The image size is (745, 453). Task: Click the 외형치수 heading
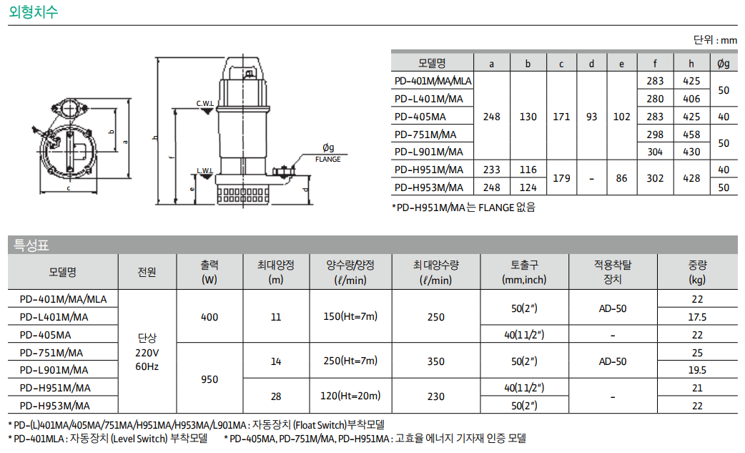click(x=34, y=11)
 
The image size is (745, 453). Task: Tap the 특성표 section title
click(x=31, y=245)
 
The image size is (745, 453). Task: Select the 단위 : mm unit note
click(x=715, y=40)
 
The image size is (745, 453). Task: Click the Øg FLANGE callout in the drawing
click(x=328, y=153)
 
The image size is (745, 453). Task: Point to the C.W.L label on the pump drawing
click(x=204, y=103)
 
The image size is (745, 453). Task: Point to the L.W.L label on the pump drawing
click(x=204, y=170)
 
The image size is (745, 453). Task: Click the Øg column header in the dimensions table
click(x=723, y=63)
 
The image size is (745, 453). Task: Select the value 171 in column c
click(x=561, y=117)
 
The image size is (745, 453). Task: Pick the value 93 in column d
click(x=591, y=117)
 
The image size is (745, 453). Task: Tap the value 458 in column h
click(x=691, y=135)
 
